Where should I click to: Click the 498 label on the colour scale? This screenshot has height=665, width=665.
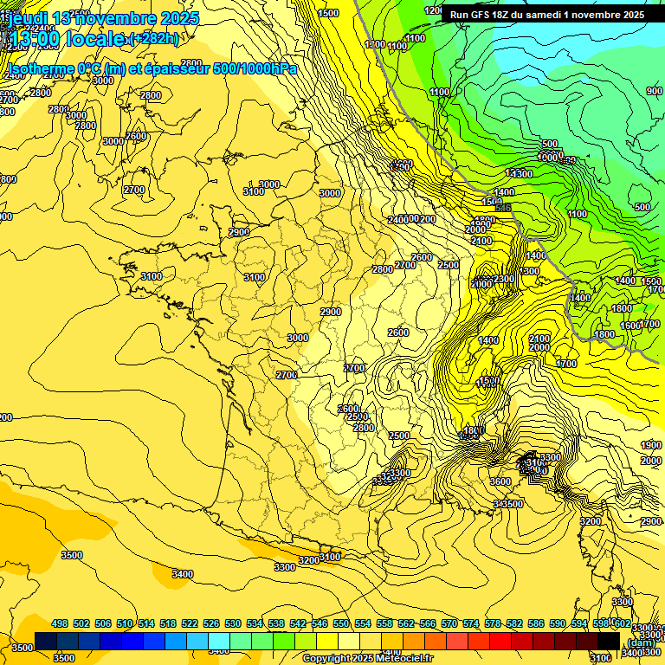click(x=60, y=623)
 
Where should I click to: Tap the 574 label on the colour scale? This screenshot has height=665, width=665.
click(x=471, y=623)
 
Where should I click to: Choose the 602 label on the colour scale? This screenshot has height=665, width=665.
click(x=622, y=623)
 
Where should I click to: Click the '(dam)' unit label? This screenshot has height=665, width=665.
click(x=641, y=642)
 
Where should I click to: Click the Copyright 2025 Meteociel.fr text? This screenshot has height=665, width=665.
click(x=367, y=659)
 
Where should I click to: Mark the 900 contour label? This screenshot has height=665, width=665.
click(x=654, y=91)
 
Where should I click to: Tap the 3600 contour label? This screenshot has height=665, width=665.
click(x=500, y=481)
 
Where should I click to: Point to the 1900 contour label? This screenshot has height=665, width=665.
click(x=651, y=445)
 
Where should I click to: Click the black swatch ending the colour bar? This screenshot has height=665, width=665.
click(x=609, y=641)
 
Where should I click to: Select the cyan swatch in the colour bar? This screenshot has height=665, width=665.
click(x=219, y=641)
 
